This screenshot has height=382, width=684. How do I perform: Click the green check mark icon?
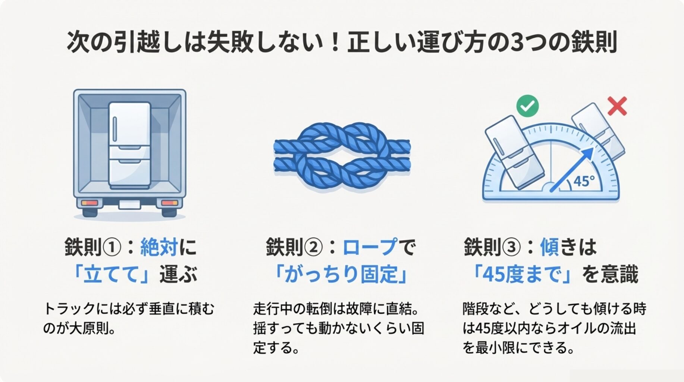click(x=527, y=106)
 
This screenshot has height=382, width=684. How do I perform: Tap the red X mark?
click(x=617, y=106)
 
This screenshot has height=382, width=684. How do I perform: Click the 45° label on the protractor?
click(x=584, y=181)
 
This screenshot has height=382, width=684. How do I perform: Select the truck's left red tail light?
click(x=89, y=203)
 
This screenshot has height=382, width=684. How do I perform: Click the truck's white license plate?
click(x=129, y=204)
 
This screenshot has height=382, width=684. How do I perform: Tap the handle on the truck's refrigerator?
click(x=115, y=129)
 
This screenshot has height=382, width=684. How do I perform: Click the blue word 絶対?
click(x=159, y=247)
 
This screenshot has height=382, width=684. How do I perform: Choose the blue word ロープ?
click(x=370, y=247)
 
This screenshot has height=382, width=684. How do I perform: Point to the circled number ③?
click(x=511, y=247)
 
